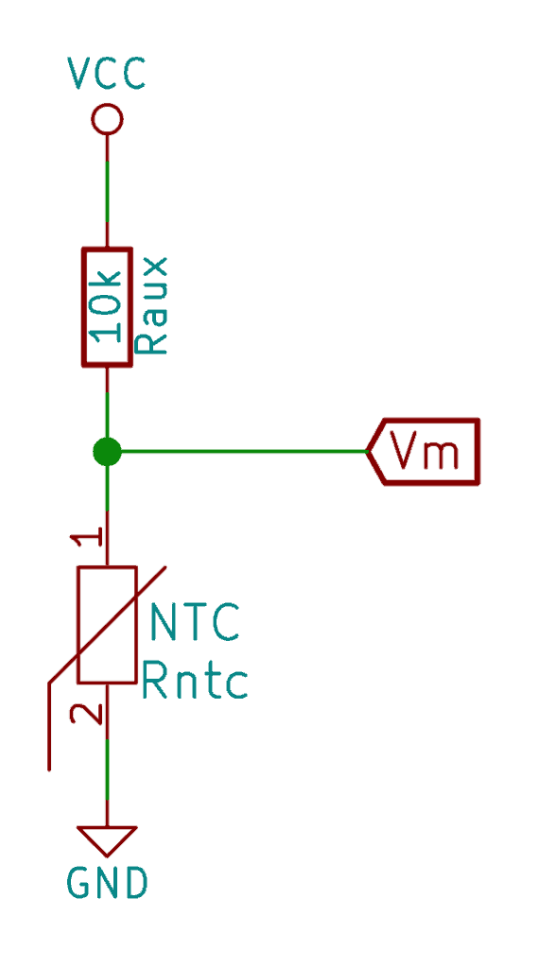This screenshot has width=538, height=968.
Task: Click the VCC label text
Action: pyautogui.click(x=106, y=74)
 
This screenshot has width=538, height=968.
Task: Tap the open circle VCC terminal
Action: pyautogui.click(x=107, y=118)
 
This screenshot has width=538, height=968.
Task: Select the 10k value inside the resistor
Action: pyautogui.click(x=107, y=306)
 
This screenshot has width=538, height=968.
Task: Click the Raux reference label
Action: pyautogui.click(x=150, y=305)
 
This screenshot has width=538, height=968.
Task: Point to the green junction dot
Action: pyautogui.click(x=107, y=451)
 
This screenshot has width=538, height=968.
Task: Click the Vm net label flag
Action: pyautogui.click(x=423, y=452)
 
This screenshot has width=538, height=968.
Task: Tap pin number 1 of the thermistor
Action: pyautogui.click(x=86, y=540)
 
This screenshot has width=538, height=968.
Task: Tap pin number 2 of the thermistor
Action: pyautogui.click(x=86, y=714)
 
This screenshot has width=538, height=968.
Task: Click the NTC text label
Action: pyautogui.click(x=195, y=622)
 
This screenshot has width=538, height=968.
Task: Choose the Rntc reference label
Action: pyautogui.click(x=195, y=680)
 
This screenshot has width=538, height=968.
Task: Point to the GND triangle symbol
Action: pyautogui.click(x=107, y=840)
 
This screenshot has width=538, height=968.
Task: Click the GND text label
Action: pyautogui.click(x=108, y=883)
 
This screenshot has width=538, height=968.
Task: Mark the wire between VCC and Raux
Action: pyautogui.click(x=107, y=191)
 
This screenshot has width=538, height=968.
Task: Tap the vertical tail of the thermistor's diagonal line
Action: pyautogui.click(x=49, y=727)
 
